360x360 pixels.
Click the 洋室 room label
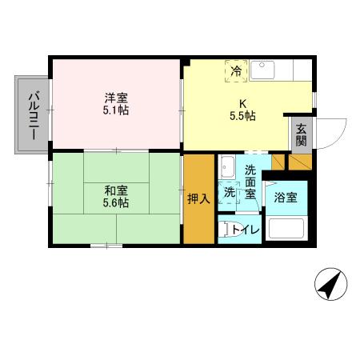[112, 98]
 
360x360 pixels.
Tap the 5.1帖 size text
[112, 111]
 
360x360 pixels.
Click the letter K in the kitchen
[238, 102]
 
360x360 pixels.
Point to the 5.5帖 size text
[238, 116]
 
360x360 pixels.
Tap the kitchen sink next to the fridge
[264, 70]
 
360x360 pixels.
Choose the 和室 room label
[114, 190]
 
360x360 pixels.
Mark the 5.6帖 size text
[115, 203]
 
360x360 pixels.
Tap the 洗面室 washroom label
[250, 181]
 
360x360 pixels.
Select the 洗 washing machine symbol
[229, 193]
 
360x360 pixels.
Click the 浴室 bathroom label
[285, 197]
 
